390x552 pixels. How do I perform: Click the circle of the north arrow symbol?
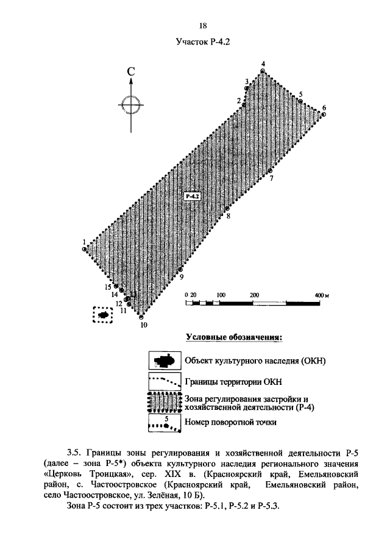pyautogui.click(x=131, y=104)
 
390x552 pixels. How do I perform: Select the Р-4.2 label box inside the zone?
pyautogui.click(x=192, y=196)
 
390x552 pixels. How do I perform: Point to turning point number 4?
pyautogui.click(x=263, y=64)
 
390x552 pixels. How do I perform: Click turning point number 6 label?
pyautogui.click(x=324, y=107)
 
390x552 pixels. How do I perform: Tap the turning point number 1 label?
pyautogui.click(x=84, y=242)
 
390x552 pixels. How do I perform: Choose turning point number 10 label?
pyautogui.click(x=144, y=325)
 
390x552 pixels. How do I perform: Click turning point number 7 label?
pyautogui.click(x=271, y=178)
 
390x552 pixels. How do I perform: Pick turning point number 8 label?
pyautogui.click(x=228, y=216)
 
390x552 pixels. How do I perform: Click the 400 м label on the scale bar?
pyautogui.click(x=321, y=295)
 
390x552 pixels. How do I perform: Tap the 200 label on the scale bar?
pyautogui.click(x=255, y=295)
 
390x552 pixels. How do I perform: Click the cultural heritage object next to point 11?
pyautogui.click(x=103, y=315)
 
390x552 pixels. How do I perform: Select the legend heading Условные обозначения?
pyautogui.click(x=236, y=337)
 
